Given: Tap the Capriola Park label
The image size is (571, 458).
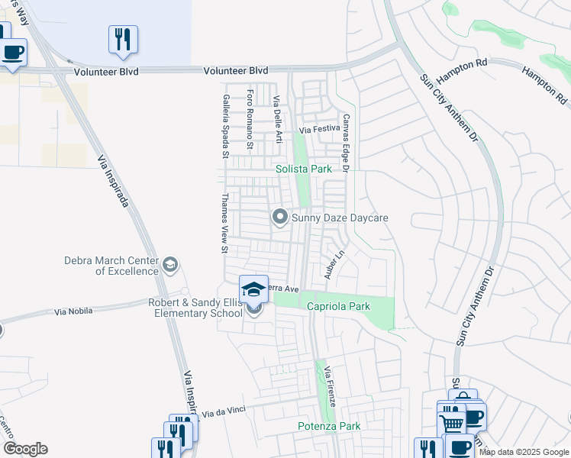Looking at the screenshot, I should (338, 306).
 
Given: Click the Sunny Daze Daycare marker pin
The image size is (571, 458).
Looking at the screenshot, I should (280, 218).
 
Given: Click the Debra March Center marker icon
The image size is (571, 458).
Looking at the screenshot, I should (170, 265).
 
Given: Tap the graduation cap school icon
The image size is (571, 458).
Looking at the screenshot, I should (253, 289).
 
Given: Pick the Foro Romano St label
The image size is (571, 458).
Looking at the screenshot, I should (250, 119).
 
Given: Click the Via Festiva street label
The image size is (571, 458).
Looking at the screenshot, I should (319, 130).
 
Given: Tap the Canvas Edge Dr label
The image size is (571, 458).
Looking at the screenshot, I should (345, 144).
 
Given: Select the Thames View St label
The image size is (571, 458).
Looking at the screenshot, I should (224, 223).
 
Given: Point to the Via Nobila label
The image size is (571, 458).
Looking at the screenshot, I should (74, 311).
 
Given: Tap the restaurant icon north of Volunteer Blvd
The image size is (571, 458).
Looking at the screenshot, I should (123, 39).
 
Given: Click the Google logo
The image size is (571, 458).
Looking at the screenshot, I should (25, 449).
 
